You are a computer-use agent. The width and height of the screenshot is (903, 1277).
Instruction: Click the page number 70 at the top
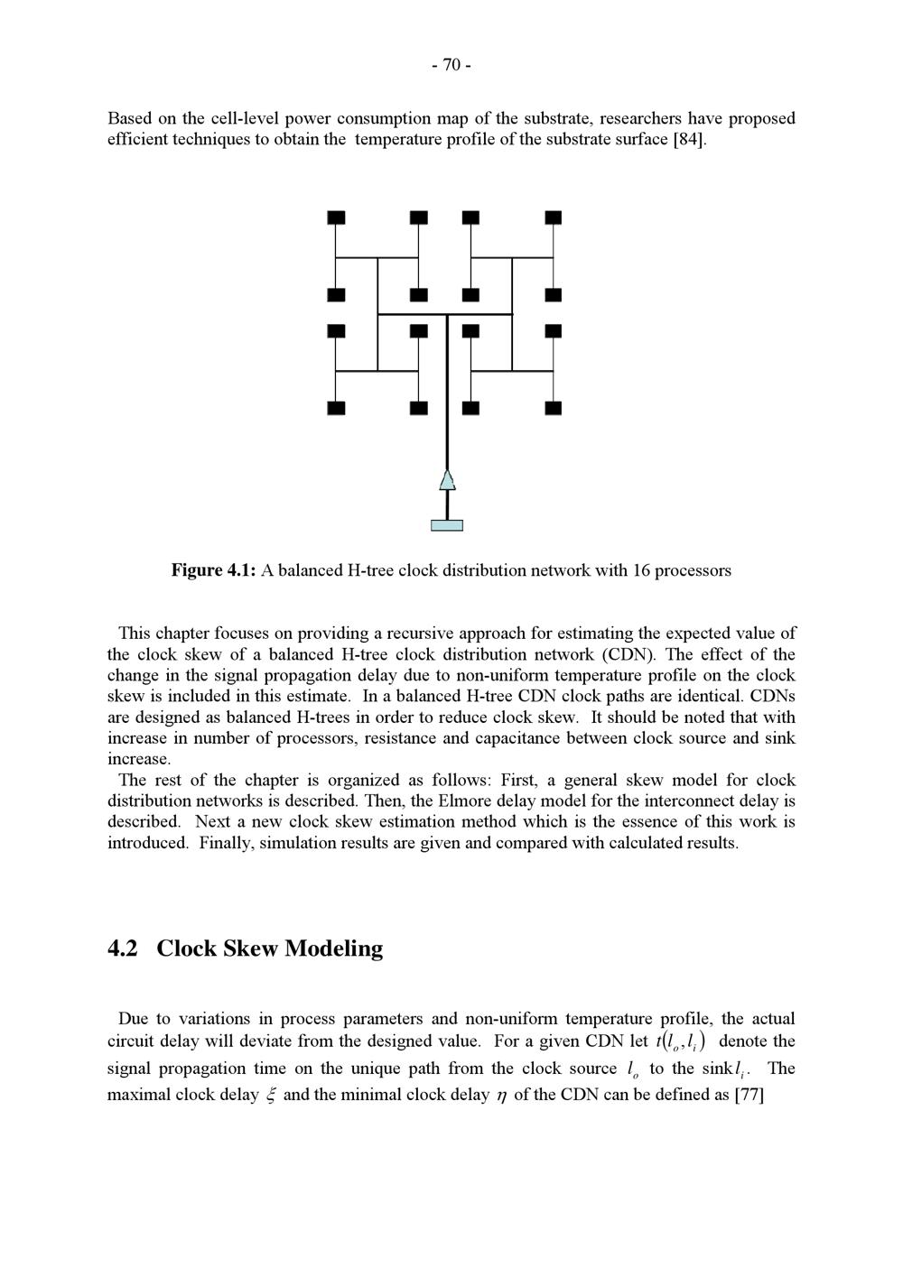point(451,65)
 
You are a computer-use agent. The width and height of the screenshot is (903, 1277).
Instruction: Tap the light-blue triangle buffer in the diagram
point(447,480)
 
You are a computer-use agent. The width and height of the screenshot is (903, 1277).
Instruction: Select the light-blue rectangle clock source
point(447,525)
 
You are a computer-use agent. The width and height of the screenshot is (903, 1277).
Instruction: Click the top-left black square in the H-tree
point(336,217)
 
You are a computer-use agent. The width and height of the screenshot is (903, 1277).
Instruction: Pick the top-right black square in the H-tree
point(554,217)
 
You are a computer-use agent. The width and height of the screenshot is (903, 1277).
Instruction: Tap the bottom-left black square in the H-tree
point(336,408)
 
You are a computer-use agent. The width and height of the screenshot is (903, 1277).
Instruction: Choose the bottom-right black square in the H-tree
point(554,408)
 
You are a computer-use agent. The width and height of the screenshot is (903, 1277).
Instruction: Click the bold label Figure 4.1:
point(214,570)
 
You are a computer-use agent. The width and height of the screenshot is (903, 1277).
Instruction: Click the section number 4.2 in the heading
point(123,948)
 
